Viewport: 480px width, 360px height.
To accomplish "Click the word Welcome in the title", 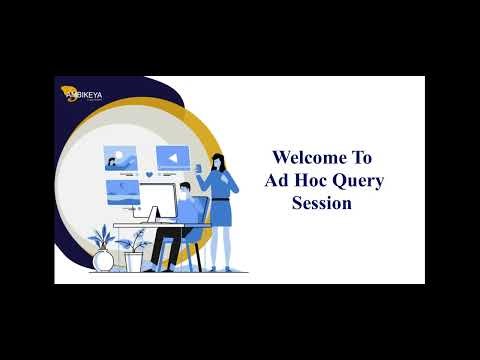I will (307, 158).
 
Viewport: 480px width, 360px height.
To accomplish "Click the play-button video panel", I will (172, 157).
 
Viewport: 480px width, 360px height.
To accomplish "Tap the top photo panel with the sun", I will (120, 157).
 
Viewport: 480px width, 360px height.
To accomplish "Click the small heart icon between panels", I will (148, 174).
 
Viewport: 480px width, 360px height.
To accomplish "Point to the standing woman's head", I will (219, 160).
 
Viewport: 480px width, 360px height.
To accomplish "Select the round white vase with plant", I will (103, 260).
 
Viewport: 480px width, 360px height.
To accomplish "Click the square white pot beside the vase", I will (134, 262).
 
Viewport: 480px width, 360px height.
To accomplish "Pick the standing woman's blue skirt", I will (221, 212).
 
